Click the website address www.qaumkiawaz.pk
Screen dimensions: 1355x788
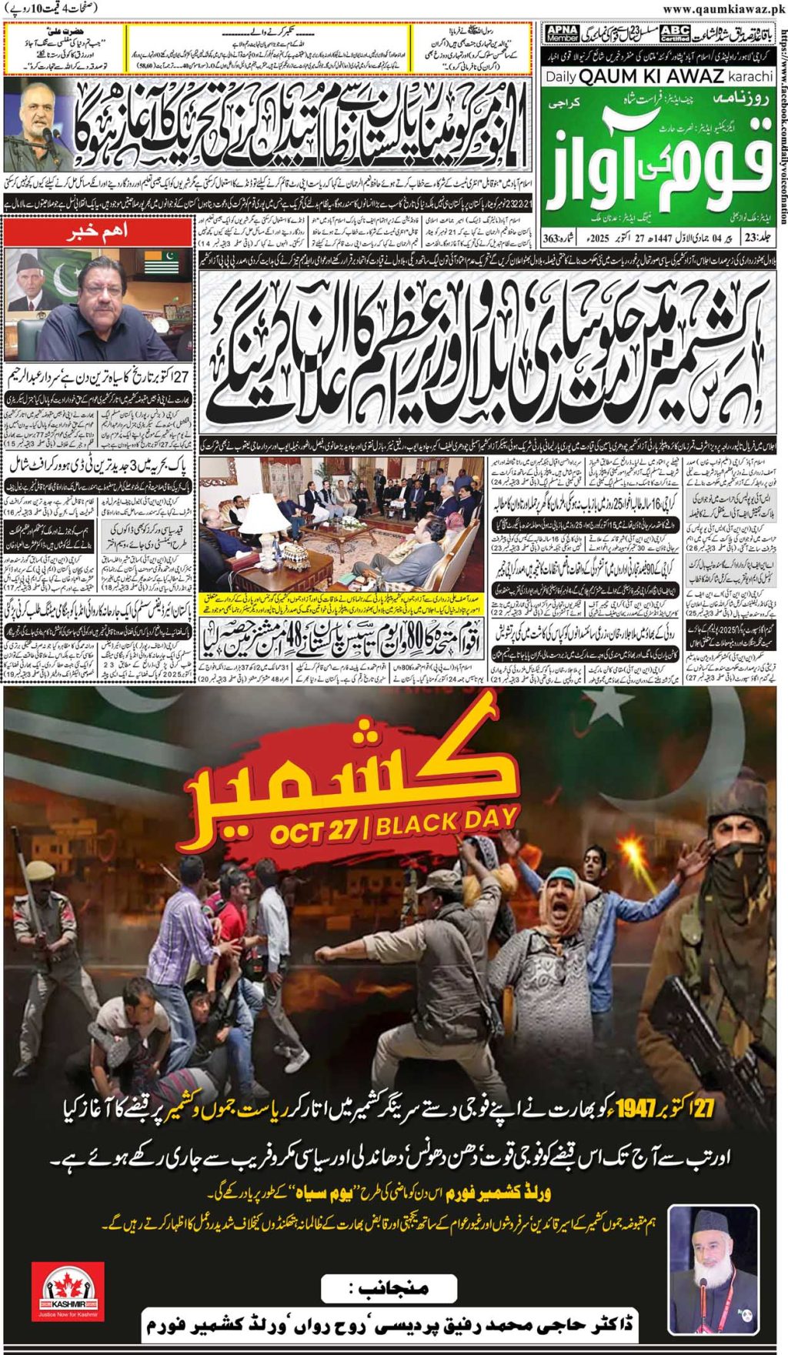pyautogui.click(x=723, y=8)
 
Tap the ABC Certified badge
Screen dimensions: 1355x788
pyautogui.click(x=675, y=33)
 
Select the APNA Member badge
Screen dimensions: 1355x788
pyautogui.click(x=562, y=33)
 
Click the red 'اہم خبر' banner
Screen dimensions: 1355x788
pyautogui.click(x=98, y=231)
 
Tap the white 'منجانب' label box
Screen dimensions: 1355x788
pyautogui.click(x=392, y=1288)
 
